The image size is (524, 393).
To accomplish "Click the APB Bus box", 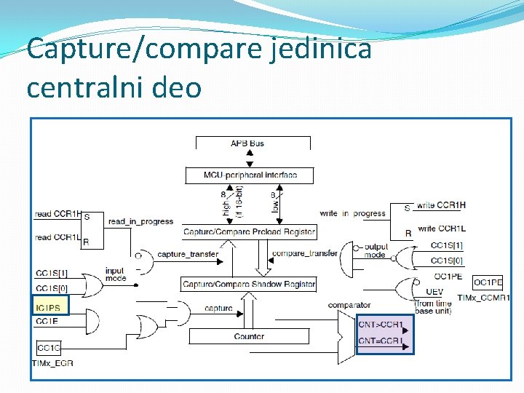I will tap(247, 143).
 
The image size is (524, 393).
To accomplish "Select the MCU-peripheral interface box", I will tap(250, 175).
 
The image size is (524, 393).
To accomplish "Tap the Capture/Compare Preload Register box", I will tap(249, 232).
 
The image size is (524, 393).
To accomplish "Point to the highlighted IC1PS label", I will tap(48, 308).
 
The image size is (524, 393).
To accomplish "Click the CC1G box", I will tap(49, 348).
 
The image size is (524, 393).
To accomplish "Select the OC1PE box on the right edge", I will tap(488, 282).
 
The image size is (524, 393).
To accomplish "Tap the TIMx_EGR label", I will tap(52, 362).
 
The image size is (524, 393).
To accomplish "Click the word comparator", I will tap(349, 305).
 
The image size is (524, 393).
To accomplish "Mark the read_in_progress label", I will tap(140, 221).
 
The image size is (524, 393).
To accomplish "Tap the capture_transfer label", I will tap(182, 254).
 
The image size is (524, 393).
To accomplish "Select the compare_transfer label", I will tap(304, 253).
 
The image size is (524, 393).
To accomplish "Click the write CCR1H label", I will tap(440, 206).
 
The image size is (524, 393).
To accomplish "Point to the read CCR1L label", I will tap(57, 237).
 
